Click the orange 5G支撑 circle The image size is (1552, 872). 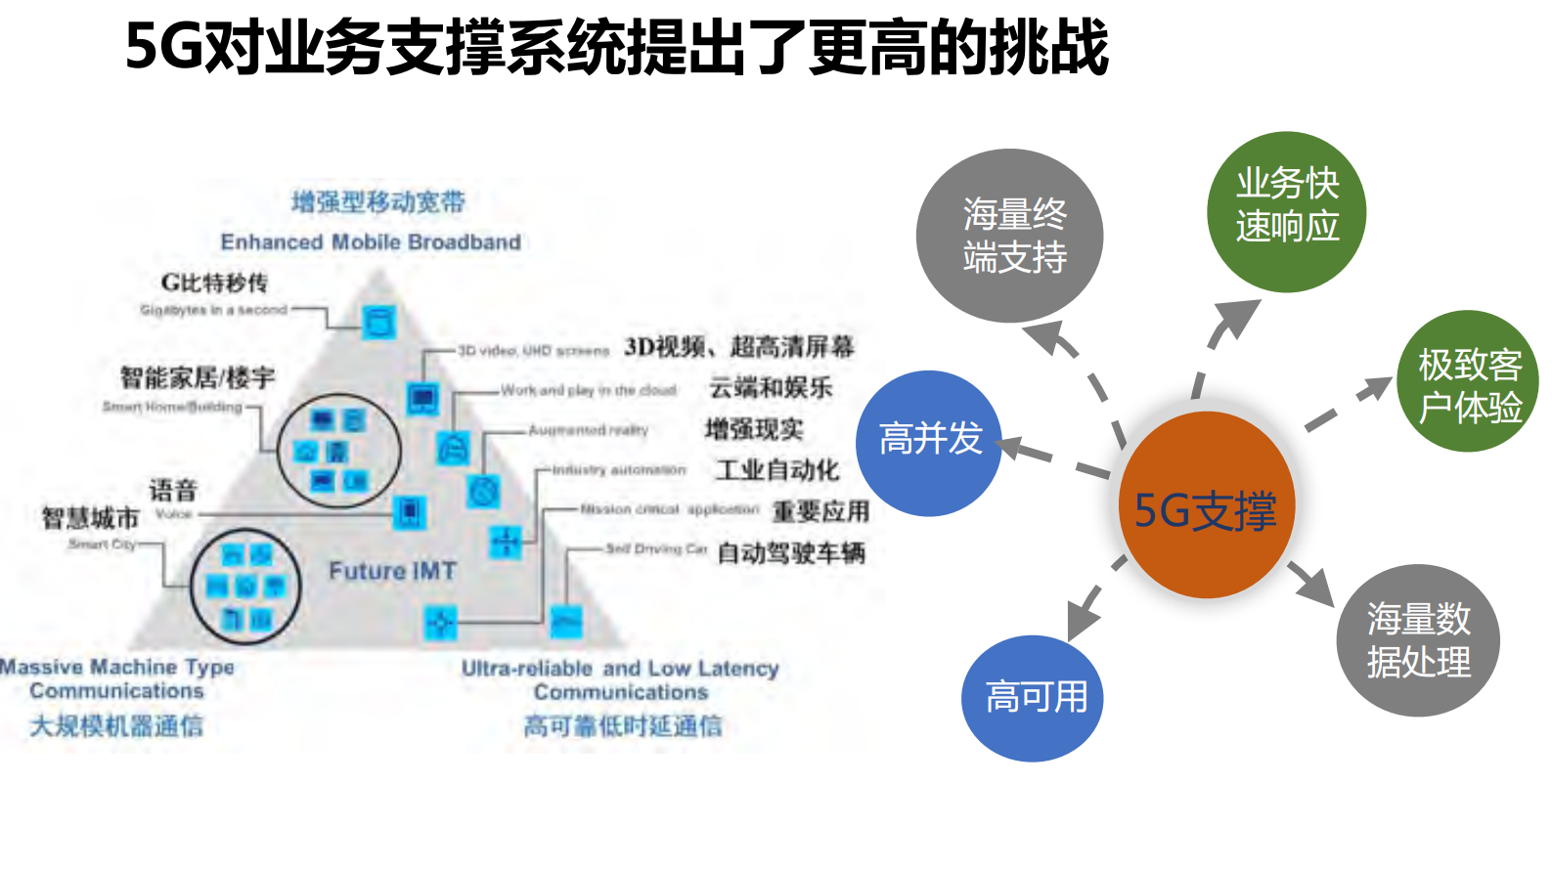(1206, 504)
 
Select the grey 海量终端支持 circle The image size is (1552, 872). (1010, 236)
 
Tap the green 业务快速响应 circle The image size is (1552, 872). (1286, 211)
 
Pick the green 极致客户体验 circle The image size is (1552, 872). (1469, 381)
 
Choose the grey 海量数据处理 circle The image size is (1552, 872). (1417, 639)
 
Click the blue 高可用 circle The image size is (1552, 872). (1033, 698)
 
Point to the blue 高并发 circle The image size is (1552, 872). (928, 443)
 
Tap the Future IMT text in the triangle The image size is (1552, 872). (392, 571)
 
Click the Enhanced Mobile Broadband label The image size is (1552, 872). (371, 241)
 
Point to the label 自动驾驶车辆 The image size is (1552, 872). (791, 553)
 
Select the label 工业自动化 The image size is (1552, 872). (777, 470)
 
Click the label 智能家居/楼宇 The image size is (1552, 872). (198, 377)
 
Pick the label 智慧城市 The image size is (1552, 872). (90, 517)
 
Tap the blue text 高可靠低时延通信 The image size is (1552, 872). (623, 726)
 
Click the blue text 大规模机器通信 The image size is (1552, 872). (116, 726)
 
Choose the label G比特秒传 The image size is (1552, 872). (214, 283)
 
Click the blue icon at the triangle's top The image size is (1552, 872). (378, 321)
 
